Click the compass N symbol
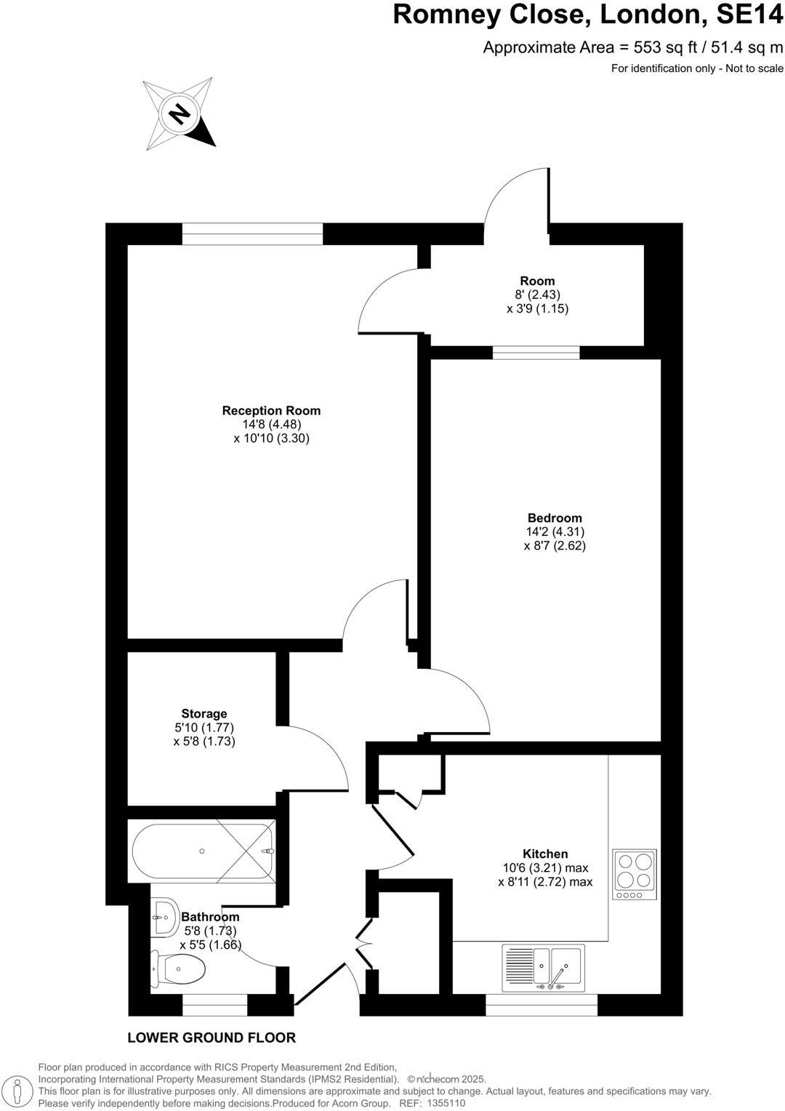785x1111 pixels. [179, 113]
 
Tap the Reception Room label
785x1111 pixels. [271, 411]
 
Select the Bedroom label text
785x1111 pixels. [555, 518]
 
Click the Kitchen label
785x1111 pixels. [545, 854]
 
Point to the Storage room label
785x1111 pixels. [204, 714]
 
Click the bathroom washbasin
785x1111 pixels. [165, 918]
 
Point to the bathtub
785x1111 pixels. [203, 851]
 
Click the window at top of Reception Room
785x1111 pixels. [252, 233]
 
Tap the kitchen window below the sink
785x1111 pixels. [542, 1005]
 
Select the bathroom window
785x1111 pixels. [214, 1005]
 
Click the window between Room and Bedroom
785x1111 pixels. [536, 353]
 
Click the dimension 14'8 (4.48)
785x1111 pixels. [272, 425]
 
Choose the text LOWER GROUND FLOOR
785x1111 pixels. [212, 1038]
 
